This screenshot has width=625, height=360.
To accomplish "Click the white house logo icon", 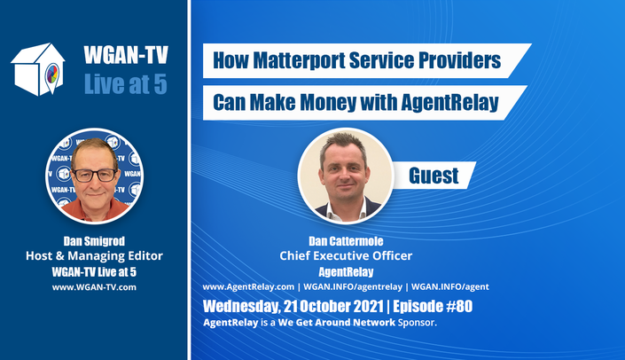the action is pyautogui.click(x=38, y=69).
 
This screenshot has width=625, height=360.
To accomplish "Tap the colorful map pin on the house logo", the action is pyautogui.click(x=52, y=75).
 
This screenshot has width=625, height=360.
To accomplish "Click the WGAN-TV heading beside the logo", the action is pyautogui.click(x=126, y=55).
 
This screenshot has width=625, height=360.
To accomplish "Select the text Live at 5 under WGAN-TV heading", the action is pyautogui.click(x=126, y=84).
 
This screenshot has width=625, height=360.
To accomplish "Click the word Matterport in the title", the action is pyautogui.click(x=299, y=60).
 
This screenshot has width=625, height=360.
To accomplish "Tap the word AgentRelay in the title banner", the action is pyautogui.click(x=449, y=103).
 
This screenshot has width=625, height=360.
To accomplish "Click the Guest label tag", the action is pyautogui.click(x=434, y=176).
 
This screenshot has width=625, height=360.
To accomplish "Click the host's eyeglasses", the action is pyautogui.click(x=95, y=176).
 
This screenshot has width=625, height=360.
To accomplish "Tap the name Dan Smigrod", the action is pyautogui.click(x=94, y=241).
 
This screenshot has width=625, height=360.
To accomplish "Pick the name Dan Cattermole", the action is pyautogui.click(x=346, y=241).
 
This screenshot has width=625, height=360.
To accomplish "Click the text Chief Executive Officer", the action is pyautogui.click(x=346, y=256).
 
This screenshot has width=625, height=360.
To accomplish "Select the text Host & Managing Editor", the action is pyautogui.click(x=94, y=256).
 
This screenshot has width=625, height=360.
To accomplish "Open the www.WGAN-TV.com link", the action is pyautogui.click(x=94, y=287).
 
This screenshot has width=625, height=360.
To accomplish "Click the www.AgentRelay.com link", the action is pyautogui.click(x=248, y=286).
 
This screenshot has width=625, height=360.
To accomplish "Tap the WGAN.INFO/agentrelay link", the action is pyautogui.click(x=353, y=286).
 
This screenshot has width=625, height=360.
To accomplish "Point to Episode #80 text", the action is pyautogui.click(x=433, y=306).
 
